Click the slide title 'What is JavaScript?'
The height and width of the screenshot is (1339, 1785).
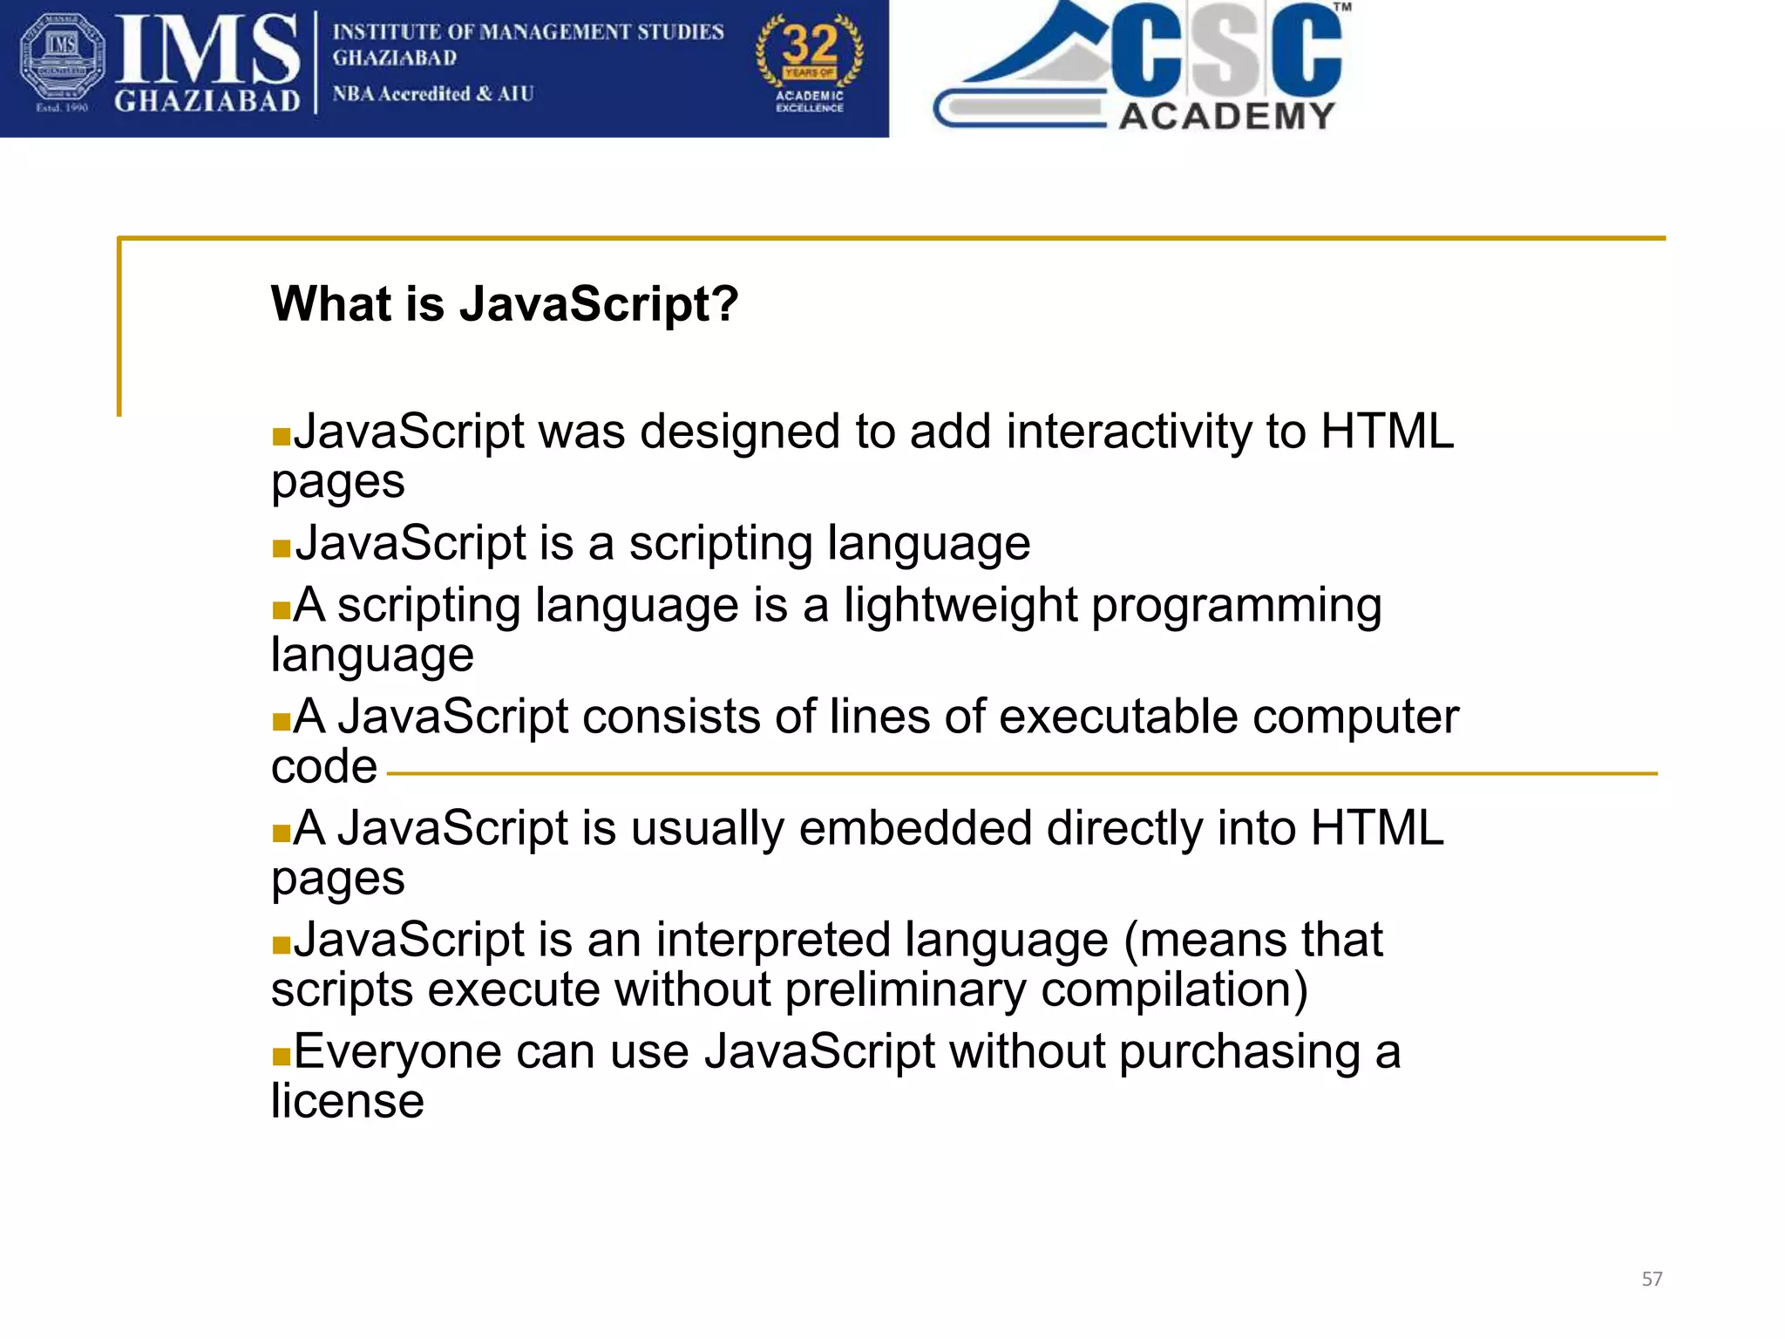point(504,304)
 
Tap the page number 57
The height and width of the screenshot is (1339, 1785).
point(1652,1279)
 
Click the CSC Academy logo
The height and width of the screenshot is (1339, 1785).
point(1142,68)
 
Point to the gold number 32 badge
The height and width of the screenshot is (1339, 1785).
point(810,61)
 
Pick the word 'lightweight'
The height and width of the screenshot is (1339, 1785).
point(960,605)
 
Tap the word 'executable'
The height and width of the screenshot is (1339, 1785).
point(1118,717)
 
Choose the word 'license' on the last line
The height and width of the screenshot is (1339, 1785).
point(347,1101)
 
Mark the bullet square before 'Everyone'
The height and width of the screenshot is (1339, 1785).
point(281,1057)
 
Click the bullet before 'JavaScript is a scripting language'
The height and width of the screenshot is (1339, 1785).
point(281,548)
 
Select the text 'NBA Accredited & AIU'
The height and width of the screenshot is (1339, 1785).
point(432,93)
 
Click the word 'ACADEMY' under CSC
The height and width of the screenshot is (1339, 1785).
point(1226,116)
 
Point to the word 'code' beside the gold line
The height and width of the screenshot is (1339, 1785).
point(323,767)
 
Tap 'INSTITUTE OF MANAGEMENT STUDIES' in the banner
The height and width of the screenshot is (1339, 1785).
point(527,32)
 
